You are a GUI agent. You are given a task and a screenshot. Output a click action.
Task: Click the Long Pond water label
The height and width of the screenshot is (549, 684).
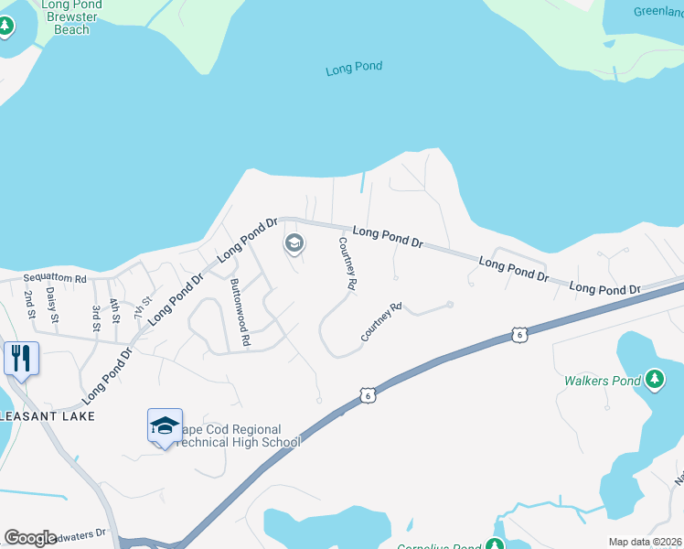click(x=354, y=68)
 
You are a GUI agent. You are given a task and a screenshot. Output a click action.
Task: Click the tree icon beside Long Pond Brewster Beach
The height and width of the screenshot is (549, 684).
click(x=6, y=26)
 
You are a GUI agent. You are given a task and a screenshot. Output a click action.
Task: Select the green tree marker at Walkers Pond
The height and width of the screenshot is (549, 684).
click(x=654, y=378)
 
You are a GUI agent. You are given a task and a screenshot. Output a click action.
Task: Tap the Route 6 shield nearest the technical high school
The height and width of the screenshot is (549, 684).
click(x=367, y=394)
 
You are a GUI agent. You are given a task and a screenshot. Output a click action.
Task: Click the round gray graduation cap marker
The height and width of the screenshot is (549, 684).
click(x=294, y=243)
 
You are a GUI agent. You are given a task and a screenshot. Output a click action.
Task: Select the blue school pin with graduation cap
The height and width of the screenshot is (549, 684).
click(x=165, y=426)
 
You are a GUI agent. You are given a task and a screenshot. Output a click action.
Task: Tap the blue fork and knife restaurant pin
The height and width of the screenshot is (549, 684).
click(x=21, y=358)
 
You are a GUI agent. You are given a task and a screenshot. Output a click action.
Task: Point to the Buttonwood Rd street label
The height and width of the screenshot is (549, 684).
click(x=240, y=310)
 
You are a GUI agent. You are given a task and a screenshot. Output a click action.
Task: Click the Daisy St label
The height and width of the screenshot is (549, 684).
click(x=52, y=306)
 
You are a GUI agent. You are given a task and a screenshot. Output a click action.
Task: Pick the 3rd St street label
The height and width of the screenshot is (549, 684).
click(x=95, y=313)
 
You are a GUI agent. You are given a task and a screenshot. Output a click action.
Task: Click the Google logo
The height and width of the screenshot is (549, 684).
click(x=29, y=537)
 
